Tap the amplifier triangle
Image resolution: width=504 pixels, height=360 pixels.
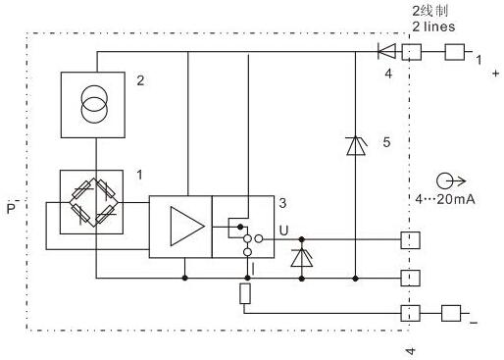[183, 227]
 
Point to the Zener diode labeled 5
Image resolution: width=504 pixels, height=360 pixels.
[354, 145]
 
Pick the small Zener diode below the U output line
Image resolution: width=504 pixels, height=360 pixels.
[300, 257]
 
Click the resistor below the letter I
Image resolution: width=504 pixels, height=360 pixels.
[245, 295]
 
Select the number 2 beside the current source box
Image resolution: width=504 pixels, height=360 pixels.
[140, 81]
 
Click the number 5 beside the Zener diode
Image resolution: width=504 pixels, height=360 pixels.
[386, 143]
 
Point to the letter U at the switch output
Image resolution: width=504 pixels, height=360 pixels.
[283, 231]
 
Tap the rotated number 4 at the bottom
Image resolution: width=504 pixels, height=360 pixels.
[412, 349]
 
